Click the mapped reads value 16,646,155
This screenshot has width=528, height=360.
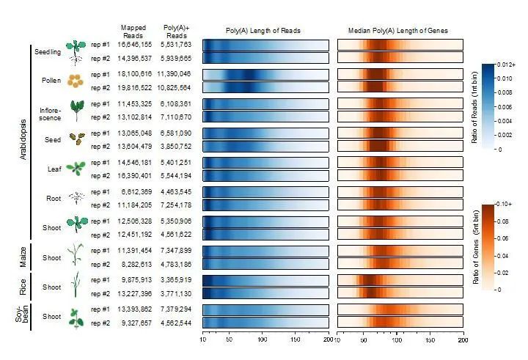pyautogui.click(x=134, y=45)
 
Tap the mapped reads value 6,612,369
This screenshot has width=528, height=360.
pyautogui.click(x=134, y=192)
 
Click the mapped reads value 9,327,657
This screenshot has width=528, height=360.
pyautogui.click(x=134, y=323)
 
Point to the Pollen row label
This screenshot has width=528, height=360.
pyautogui.click(x=51, y=81)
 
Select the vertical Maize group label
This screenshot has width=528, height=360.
pyautogui.click(x=23, y=258)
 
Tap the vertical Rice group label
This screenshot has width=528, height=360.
pyautogui.click(x=23, y=287)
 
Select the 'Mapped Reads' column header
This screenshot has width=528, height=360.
pyautogui.click(x=133, y=30)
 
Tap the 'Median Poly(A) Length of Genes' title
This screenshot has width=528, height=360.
pyautogui.click(x=399, y=31)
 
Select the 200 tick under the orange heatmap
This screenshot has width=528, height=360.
pyautogui.click(x=462, y=340)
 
